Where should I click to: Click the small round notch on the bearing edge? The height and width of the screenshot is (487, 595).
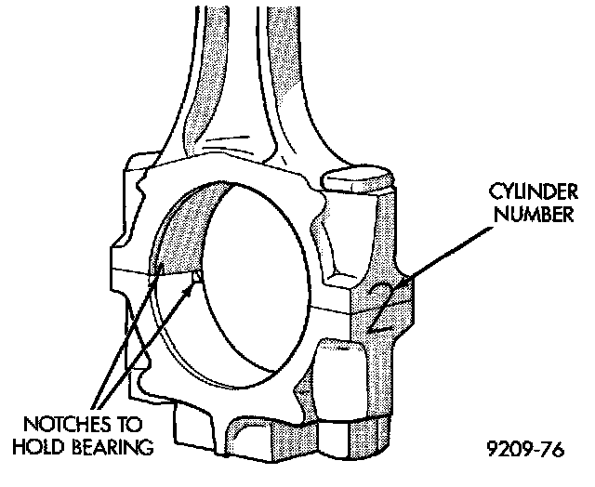(196, 276)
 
